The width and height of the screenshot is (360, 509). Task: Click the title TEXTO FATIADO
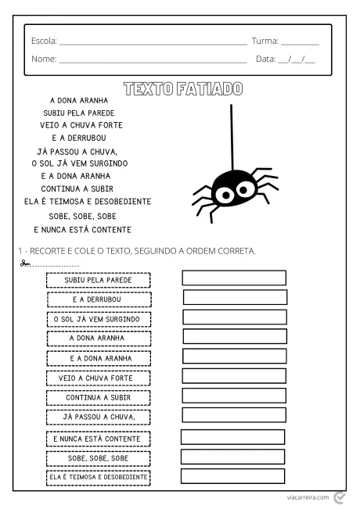pos(183,88)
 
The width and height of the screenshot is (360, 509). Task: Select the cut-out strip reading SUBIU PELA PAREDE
pos(98,279)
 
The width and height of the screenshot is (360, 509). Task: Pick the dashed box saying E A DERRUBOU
pos(98,299)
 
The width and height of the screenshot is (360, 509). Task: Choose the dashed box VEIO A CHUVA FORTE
pos(98,378)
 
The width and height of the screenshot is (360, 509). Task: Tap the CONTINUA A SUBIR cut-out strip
pos(98,397)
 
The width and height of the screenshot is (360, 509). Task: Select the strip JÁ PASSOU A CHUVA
pos(98,417)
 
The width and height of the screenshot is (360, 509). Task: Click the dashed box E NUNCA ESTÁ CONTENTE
pos(98,439)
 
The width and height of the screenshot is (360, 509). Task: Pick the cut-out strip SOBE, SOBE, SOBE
pos(98,458)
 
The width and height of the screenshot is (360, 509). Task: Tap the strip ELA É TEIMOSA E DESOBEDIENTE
pos(98,477)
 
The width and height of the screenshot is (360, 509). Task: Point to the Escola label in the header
pos(43,41)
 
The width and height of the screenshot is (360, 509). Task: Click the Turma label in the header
pos(265,41)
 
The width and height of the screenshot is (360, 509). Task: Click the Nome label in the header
pos(43,59)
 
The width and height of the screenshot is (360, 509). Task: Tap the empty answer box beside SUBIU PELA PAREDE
pos(234,278)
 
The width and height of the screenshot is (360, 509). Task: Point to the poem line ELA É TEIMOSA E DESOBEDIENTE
pos(87,201)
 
